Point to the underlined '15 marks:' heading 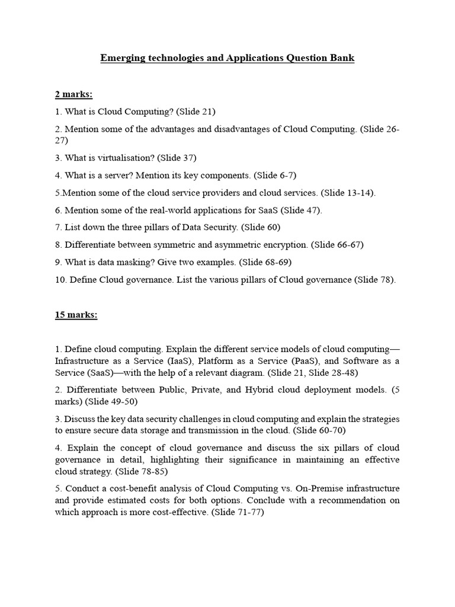tap(76, 315)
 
